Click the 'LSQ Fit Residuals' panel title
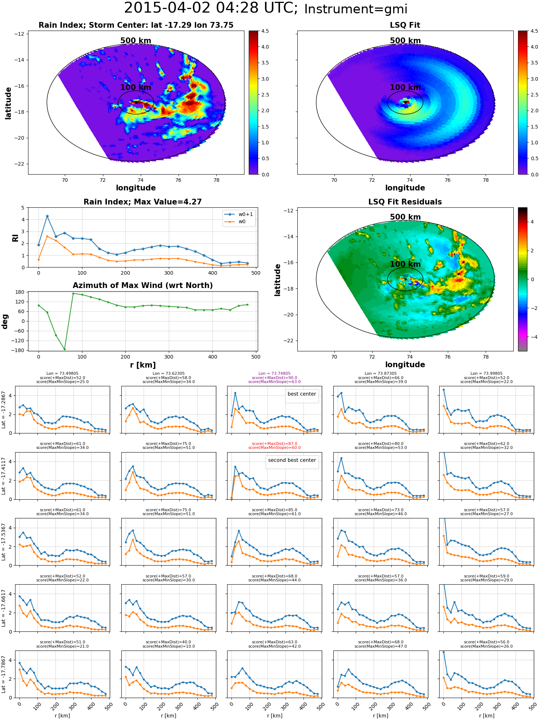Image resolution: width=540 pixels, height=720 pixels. click(x=405, y=202)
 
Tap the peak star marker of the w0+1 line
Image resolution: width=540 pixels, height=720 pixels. click(x=47, y=216)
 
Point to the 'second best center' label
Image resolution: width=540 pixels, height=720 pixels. click(x=292, y=460)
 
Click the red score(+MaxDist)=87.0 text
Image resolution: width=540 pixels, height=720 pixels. click(x=275, y=444)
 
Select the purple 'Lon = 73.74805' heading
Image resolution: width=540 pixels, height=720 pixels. click(x=274, y=374)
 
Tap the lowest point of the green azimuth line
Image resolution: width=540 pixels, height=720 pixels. click(x=64, y=349)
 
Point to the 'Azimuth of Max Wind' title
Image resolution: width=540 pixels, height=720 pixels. click(x=143, y=285)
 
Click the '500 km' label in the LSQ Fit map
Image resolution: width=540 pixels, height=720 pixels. click(x=405, y=41)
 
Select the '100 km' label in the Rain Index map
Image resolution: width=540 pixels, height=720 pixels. click(x=136, y=87)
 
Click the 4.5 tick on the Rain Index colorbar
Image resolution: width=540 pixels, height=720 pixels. click(x=265, y=31)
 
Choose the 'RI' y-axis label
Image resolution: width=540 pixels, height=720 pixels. click(x=15, y=238)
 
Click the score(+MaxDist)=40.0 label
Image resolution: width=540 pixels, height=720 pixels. click(x=168, y=642)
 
